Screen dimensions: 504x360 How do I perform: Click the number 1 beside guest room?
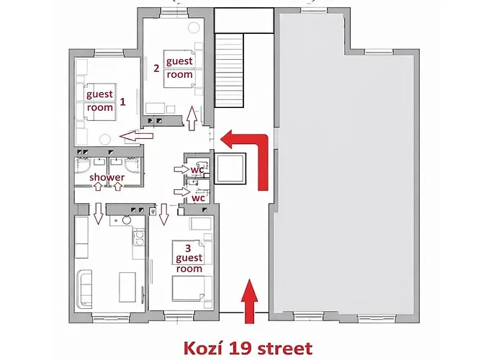pyautogui.click(x=122, y=102)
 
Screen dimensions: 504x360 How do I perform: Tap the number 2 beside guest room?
pyautogui.click(x=156, y=68)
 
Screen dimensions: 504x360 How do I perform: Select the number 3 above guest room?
pyautogui.click(x=188, y=248)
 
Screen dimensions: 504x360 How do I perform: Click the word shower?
pyautogui.click(x=107, y=177)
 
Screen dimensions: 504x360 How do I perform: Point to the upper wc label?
pyautogui.click(x=197, y=169)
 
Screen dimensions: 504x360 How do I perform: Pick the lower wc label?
pyautogui.click(x=198, y=198)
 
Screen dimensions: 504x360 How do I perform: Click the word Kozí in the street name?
pyautogui.click(x=201, y=348)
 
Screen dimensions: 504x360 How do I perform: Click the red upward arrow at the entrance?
pyautogui.click(x=249, y=301)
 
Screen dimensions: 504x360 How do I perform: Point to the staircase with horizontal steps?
pyautogui.click(x=229, y=71)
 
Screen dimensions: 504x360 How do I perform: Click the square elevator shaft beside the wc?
pyautogui.click(x=230, y=168)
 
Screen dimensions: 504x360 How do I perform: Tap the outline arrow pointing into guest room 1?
pyautogui.click(x=136, y=135)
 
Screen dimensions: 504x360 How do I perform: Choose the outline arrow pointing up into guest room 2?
pyautogui.click(x=192, y=118)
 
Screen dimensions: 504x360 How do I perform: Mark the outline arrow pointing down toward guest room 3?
pyautogui.click(x=164, y=214)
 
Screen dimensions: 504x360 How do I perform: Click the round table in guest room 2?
pyautogui.click(x=194, y=27)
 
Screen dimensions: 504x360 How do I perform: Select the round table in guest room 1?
pyautogui.click(x=105, y=140)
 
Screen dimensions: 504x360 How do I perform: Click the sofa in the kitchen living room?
pyautogui.click(x=84, y=288)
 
